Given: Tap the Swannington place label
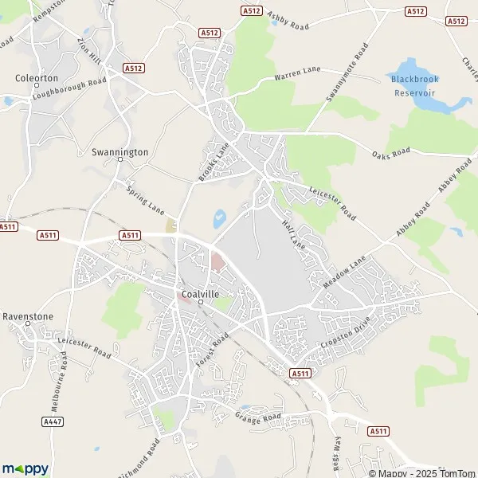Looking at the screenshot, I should (x=120, y=151).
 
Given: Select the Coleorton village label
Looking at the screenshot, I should (x=37, y=78).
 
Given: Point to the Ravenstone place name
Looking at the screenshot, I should (x=28, y=316).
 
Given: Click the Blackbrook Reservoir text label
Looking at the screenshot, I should (x=415, y=84).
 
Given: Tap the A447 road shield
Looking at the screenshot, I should (x=53, y=421).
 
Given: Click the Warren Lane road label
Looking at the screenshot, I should (x=296, y=72).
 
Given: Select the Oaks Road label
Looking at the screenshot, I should (x=390, y=152).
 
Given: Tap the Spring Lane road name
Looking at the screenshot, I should (x=144, y=198).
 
